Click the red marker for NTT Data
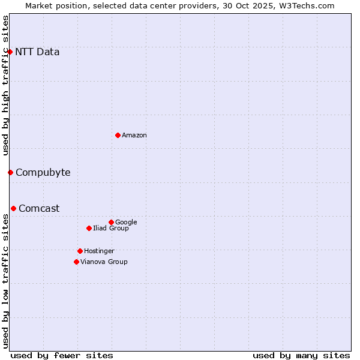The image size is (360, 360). [10, 52]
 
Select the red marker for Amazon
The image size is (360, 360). [118, 135]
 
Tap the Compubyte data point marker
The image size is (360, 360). [10, 172]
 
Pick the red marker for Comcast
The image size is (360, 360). [13, 208]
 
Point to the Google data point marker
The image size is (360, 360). [111, 222]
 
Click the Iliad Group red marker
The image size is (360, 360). [89, 228]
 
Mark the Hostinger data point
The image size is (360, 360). [80, 251]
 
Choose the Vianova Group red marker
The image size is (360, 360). [76, 262]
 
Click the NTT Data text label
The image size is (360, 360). [37, 52]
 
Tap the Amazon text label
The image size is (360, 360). [134, 135]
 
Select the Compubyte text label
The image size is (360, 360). [43, 172]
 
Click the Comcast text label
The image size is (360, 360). [39, 208]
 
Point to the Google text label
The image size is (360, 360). [126, 222]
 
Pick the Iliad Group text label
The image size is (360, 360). [111, 228]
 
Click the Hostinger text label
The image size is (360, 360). [99, 251]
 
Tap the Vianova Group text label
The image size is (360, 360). [104, 262]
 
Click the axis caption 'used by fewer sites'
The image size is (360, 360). [62, 355]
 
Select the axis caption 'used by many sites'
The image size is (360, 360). [301, 355]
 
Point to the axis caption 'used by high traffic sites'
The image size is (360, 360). [5, 85]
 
